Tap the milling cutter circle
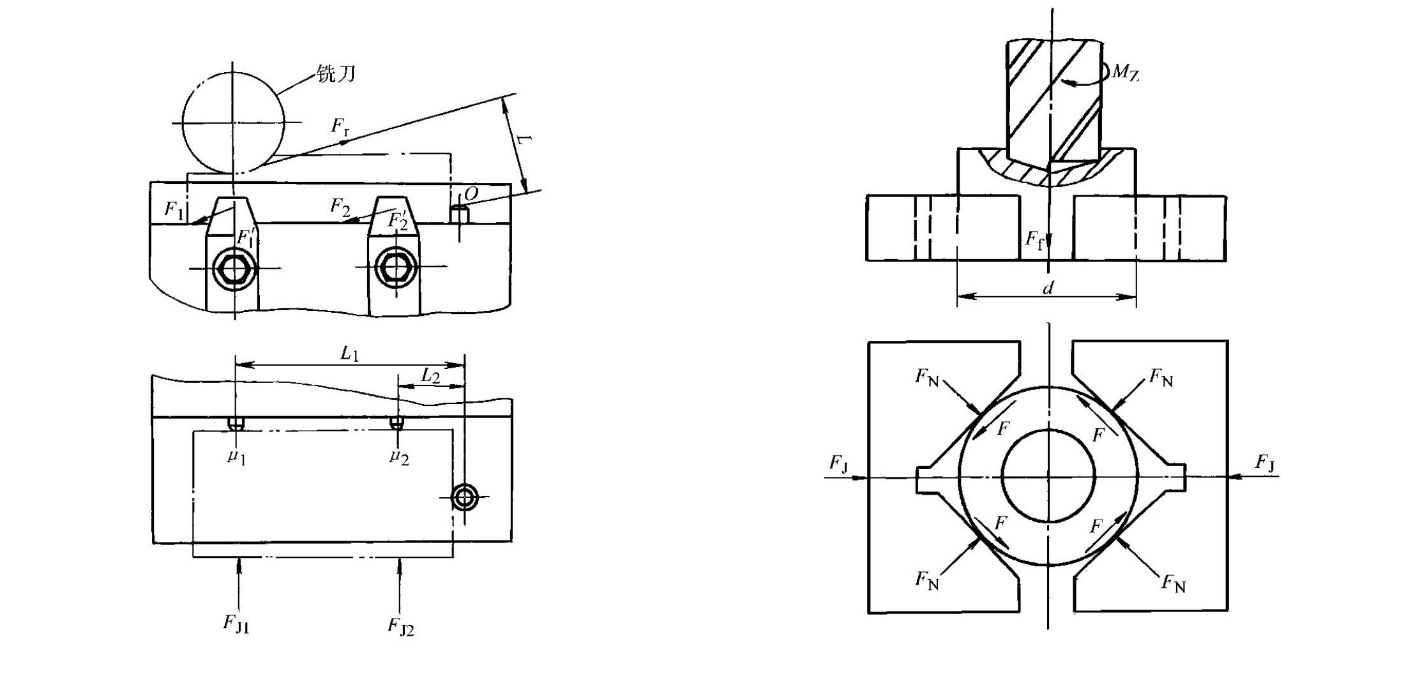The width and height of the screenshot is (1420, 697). click(234, 122)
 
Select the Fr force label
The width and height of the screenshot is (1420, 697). click(340, 126)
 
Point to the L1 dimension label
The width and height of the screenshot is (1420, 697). click(349, 354)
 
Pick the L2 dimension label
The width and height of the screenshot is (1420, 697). click(430, 376)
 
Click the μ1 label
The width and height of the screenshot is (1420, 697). click(236, 456)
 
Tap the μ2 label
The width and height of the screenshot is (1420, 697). click(399, 456)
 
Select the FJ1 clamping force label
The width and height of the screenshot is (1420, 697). click(236, 623)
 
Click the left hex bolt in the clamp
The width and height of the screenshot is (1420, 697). click(235, 268)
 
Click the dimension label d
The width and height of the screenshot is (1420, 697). click(1048, 289)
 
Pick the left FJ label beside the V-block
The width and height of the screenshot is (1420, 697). click(838, 463)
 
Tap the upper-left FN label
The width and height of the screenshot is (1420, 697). click(927, 378)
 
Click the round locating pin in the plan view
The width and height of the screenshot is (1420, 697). click(465, 497)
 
